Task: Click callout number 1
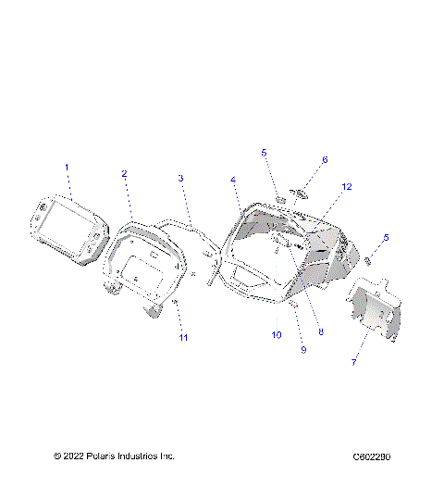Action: point(67,167)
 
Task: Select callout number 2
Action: point(124,173)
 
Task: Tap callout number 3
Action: point(180,178)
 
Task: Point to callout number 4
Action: point(233,179)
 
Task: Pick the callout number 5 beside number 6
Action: point(264,152)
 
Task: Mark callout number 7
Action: point(352,362)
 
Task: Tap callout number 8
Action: point(322,331)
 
